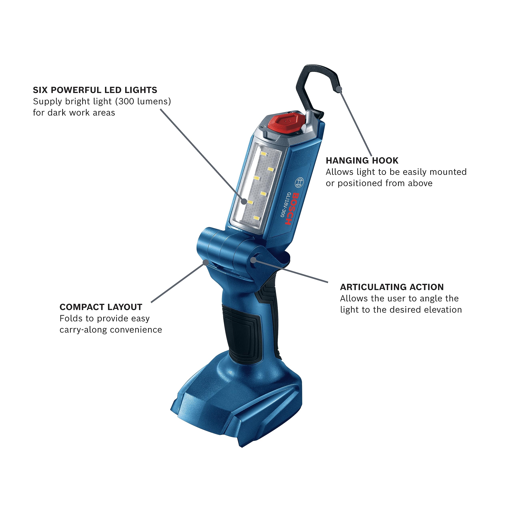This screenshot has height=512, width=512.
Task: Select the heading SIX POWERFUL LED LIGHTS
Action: (x=95, y=90)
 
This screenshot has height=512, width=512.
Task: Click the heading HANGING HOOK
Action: (x=362, y=161)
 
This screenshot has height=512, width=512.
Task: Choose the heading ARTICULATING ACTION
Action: (x=392, y=287)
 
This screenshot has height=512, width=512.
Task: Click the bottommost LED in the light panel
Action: (x=256, y=218)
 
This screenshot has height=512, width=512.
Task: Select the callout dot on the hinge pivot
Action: (x=253, y=260)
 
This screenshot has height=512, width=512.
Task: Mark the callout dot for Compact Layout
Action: (x=206, y=262)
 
